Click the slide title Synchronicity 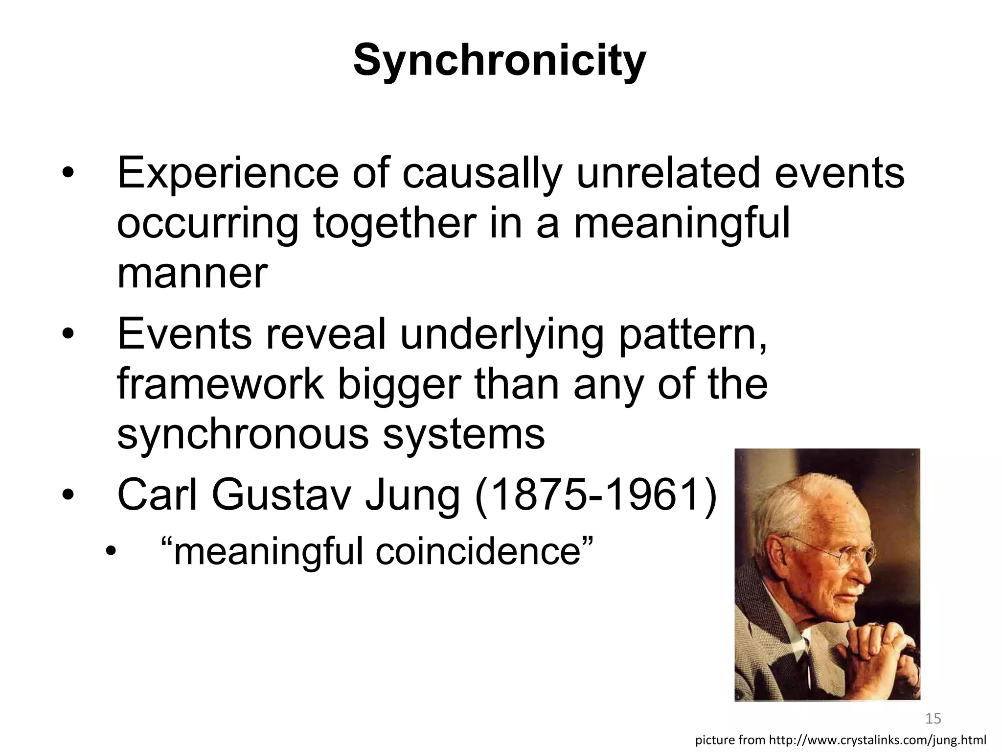coord(500,60)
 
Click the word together coord(394,223)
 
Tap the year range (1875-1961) coord(596,496)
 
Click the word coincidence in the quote coord(484,551)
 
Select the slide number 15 coord(934,719)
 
